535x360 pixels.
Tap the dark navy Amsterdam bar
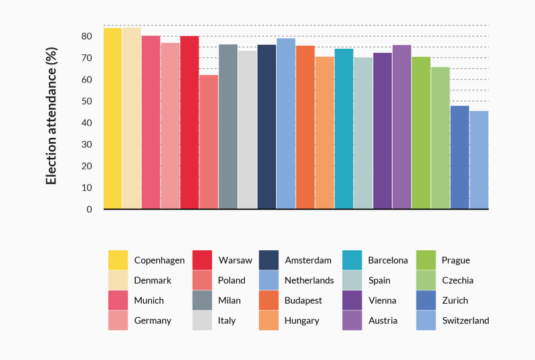pyautogui.click(x=267, y=127)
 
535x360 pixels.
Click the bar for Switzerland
pyautogui.click(x=479, y=160)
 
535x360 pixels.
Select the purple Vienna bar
pyautogui.click(x=383, y=131)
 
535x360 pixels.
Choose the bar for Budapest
pyautogui.click(x=306, y=127)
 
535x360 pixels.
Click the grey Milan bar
pyautogui.click(x=228, y=126)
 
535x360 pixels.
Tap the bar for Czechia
pyautogui.click(x=440, y=138)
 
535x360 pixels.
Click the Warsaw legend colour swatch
pyautogui.click(x=202, y=260)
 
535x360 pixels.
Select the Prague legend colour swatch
pyautogui.click(x=425, y=260)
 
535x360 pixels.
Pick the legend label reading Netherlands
pyautogui.click(x=310, y=280)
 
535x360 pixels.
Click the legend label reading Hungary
pyautogui.click(x=302, y=321)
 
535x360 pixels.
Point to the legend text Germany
pyautogui.click(x=152, y=321)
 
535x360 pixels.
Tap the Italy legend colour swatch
pyautogui.click(x=202, y=321)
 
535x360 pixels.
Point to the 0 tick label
pyautogui.click(x=89, y=209)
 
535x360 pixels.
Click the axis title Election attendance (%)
pyautogui.click(x=51, y=122)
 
